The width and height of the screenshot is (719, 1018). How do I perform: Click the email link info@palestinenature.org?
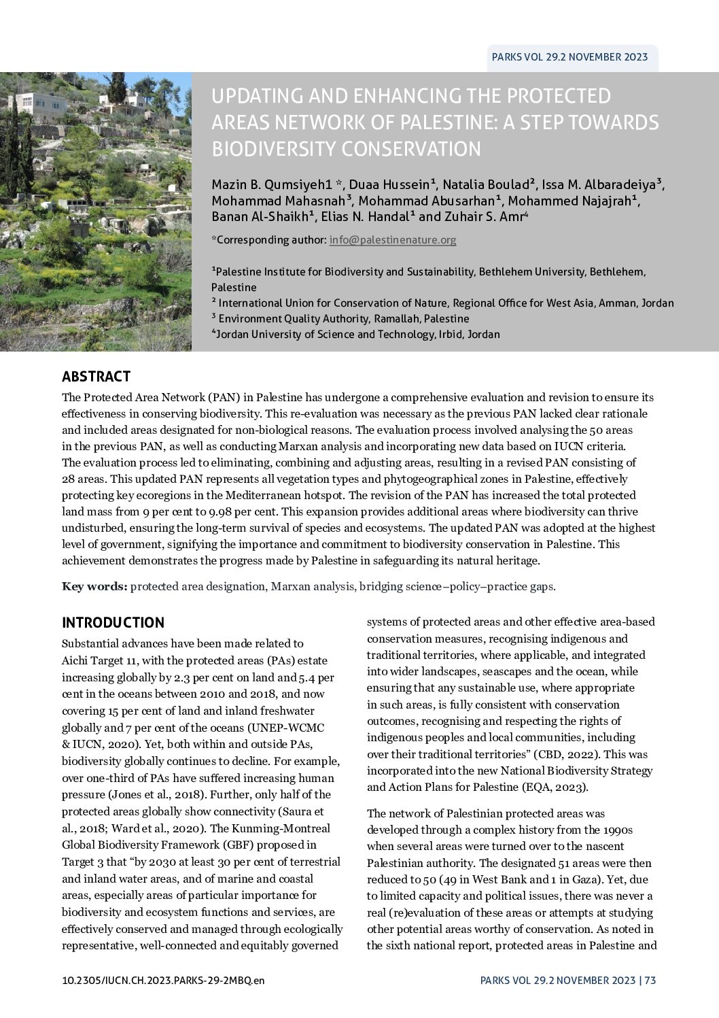pyautogui.click(x=392, y=240)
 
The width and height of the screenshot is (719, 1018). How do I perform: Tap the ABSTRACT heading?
pyautogui.click(x=96, y=377)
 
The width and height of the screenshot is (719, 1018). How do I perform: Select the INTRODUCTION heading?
pyautogui.click(x=113, y=623)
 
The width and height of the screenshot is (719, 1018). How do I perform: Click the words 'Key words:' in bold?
pyautogui.click(x=94, y=586)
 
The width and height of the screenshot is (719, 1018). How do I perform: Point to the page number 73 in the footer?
pyautogui.click(x=650, y=981)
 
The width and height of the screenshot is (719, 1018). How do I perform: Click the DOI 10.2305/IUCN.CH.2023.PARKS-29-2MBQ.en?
pyautogui.click(x=162, y=981)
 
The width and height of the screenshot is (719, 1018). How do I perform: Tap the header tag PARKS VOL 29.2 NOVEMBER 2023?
pyautogui.click(x=569, y=57)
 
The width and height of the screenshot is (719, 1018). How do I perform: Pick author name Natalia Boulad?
pyautogui.click(x=487, y=184)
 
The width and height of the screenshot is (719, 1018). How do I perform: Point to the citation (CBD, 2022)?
pyautogui.click(x=565, y=754)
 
